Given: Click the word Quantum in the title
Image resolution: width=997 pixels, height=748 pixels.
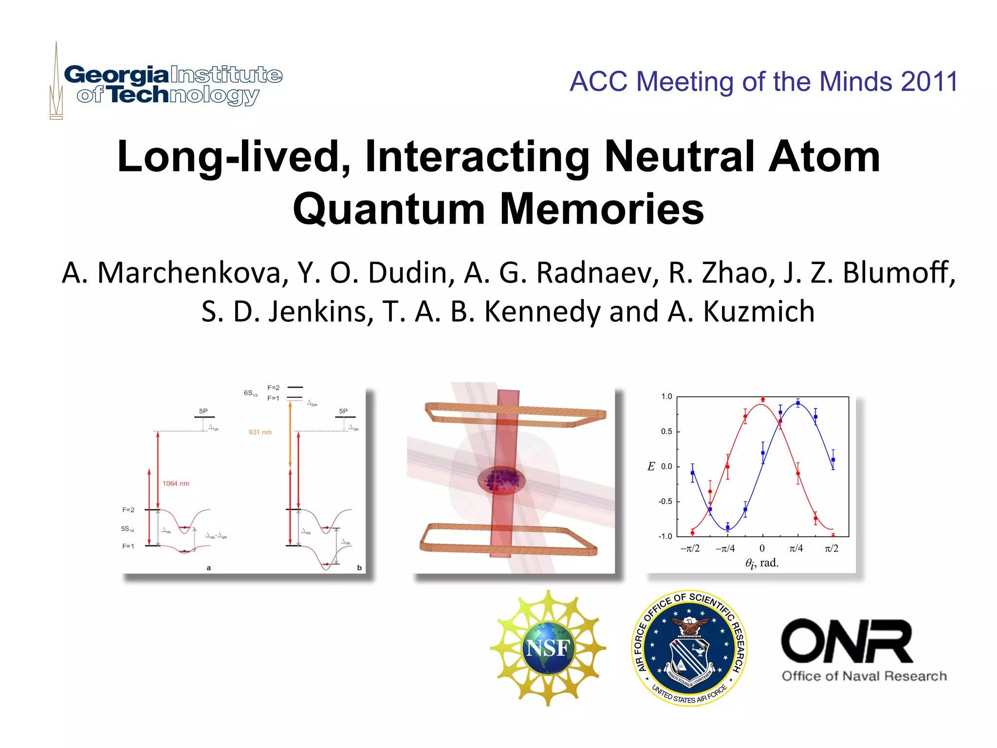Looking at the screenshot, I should coord(389,208).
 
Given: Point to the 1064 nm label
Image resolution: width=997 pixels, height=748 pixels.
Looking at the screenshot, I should coord(176,484).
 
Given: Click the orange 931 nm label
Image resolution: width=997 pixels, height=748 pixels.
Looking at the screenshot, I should coord(260,432).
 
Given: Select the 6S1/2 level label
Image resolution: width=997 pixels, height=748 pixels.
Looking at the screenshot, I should coord(250,393).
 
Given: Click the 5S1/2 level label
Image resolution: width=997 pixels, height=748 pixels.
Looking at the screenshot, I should coord(128,528).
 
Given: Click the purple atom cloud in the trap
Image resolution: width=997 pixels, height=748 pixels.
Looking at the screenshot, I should coord(501,480).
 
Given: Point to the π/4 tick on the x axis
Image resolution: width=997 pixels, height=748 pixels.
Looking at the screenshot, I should coord(796,548).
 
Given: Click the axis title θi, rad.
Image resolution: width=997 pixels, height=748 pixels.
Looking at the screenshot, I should coord(762,563).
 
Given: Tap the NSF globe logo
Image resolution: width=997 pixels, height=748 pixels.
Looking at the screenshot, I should coord(548,648).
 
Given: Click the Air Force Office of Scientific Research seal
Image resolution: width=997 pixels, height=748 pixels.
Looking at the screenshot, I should coord(689,648).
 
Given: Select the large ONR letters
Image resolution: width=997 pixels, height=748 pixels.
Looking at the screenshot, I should coord(847,641).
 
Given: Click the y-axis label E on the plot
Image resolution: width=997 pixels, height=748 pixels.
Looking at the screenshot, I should coord(651,467).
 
